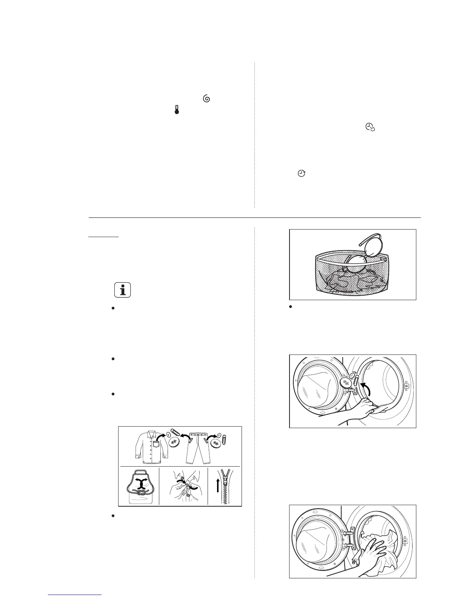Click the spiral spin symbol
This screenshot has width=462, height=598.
point(206,99)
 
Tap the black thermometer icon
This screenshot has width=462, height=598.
point(176,109)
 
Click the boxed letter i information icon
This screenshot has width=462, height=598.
point(122,290)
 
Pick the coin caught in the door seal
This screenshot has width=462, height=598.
point(346,384)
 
